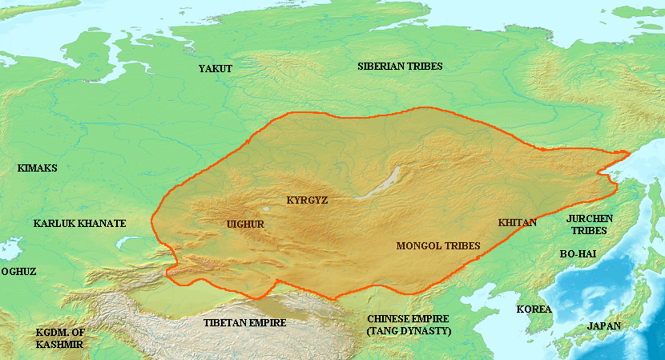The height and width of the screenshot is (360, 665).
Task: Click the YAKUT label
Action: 215,69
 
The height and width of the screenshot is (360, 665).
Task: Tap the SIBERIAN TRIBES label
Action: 400,66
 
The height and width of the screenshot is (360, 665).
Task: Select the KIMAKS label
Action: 37,168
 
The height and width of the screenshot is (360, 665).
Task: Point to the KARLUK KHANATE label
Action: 79,223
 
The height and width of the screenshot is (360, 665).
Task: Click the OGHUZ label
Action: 18,272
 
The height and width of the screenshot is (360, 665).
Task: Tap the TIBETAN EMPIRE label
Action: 246,322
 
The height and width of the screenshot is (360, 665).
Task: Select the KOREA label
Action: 534,309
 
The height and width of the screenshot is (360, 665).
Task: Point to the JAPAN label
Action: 603,326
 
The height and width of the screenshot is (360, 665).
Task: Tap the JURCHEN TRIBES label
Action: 589,224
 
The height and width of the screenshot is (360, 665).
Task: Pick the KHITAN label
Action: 517,222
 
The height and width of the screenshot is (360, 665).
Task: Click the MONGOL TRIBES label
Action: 438,245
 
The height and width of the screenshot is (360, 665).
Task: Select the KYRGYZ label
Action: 307,199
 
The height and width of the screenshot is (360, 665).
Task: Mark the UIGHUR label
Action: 246,224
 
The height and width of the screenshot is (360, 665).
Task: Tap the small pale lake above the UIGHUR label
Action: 266,209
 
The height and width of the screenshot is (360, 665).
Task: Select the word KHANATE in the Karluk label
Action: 102,223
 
